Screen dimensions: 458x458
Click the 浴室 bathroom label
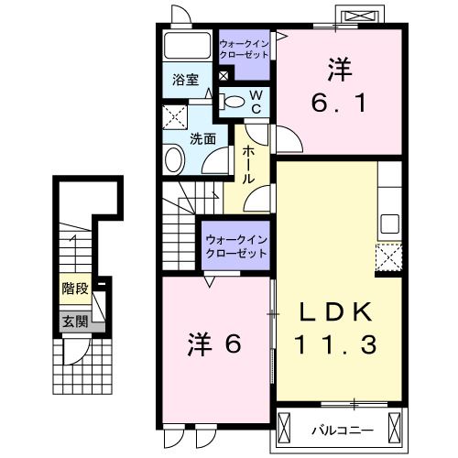186,80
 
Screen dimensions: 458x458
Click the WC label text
257,102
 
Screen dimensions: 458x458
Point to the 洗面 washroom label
202,139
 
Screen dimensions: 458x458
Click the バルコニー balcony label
340,428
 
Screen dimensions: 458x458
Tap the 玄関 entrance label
75,322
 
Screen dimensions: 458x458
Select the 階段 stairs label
75,289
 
